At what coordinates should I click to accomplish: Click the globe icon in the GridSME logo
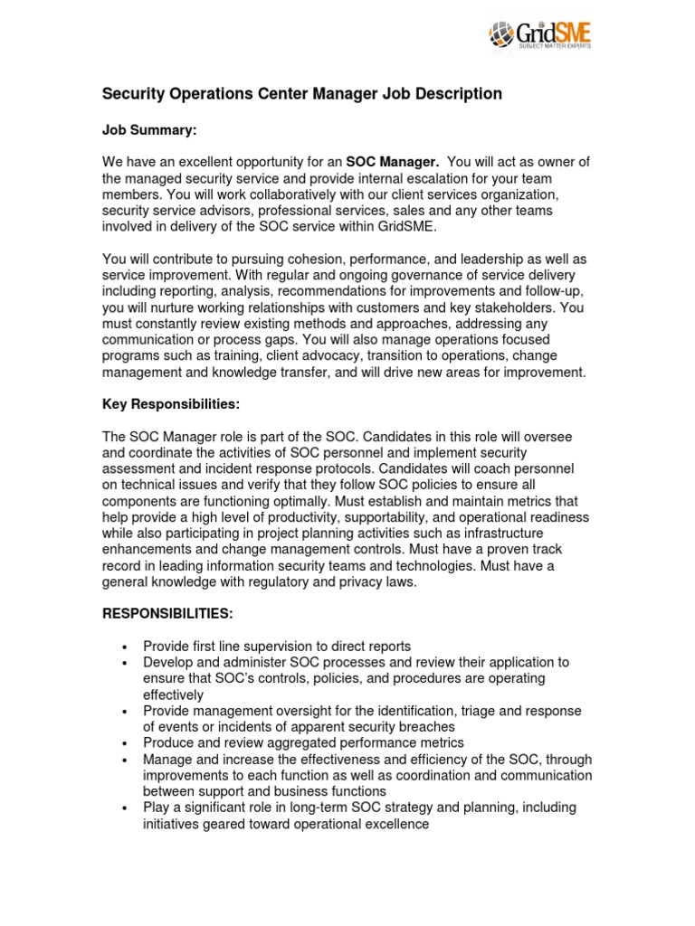(503, 35)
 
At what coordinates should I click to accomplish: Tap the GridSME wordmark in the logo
(555, 33)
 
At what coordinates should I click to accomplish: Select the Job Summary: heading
(148, 130)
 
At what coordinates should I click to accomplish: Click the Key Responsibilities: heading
(170, 404)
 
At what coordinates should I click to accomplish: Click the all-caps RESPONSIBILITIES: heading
(167, 614)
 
